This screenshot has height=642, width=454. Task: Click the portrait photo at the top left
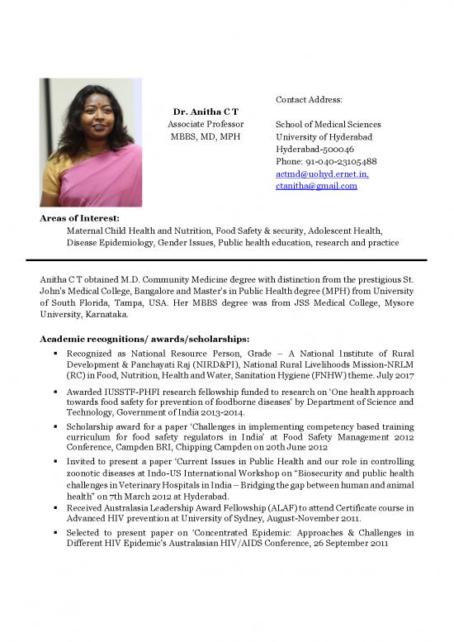[90, 142]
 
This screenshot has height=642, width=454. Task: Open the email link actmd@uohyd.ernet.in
[322, 174]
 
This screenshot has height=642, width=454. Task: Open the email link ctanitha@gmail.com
[316, 186]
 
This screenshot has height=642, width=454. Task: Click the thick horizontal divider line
[226, 259]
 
